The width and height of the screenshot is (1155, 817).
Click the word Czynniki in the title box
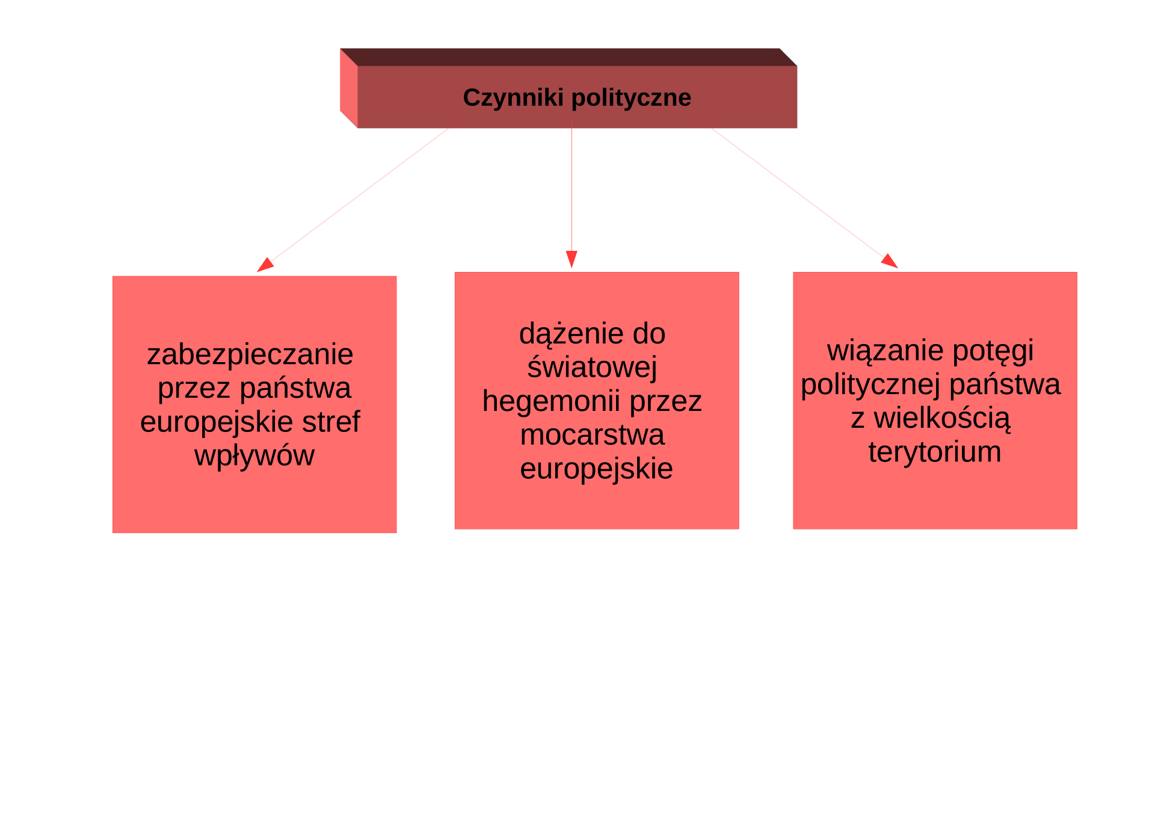click(x=513, y=98)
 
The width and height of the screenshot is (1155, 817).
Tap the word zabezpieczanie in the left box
click(x=250, y=355)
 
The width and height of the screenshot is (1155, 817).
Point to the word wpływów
click(x=254, y=456)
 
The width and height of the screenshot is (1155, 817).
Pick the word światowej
click(x=592, y=367)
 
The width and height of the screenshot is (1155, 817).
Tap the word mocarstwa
click(x=593, y=435)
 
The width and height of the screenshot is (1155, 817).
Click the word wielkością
click(x=942, y=419)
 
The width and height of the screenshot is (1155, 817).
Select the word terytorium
click(x=935, y=452)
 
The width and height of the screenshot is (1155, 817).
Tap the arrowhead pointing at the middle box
click(x=571, y=259)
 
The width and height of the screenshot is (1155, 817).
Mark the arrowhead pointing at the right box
click(x=890, y=261)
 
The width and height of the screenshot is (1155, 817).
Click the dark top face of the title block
click(x=568, y=57)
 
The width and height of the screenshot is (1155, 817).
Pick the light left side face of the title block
click(x=349, y=88)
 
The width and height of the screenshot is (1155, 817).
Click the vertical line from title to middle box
click(x=571, y=185)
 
